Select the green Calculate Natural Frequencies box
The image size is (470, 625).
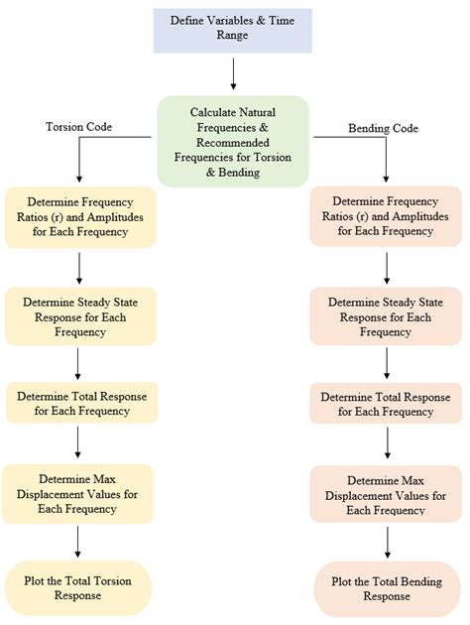pos(232,140)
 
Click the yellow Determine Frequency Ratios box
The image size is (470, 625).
pos(78,217)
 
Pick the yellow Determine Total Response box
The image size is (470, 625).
pos(78,404)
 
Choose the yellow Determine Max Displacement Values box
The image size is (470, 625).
pos(78,493)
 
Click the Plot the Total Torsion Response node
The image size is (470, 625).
pos(78,587)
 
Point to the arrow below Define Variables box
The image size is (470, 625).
pos(232,73)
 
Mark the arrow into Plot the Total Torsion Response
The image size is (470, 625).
pos(78,541)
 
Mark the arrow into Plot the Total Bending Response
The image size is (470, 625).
pos(387,543)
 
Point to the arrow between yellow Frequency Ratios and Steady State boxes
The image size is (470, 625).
pos(78,266)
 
